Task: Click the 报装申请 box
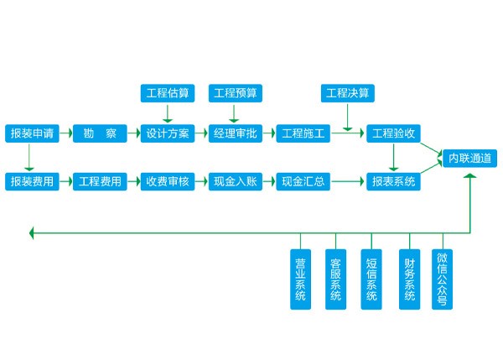tap(31, 133)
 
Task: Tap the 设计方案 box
tap(168, 133)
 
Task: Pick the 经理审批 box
tap(236, 133)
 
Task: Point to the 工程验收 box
tap(394, 133)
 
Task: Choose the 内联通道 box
tap(471, 157)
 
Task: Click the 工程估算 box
tap(168, 92)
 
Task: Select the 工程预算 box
tap(236, 92)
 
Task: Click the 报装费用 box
tap(31, 181)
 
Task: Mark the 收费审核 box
tap(168, 181)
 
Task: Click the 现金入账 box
tap(236, 181)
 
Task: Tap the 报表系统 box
tap(394, 181)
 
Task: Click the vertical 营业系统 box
tap(300, 279)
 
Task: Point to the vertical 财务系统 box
tap(408, 279)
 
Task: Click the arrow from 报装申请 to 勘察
tap(65, 133)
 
